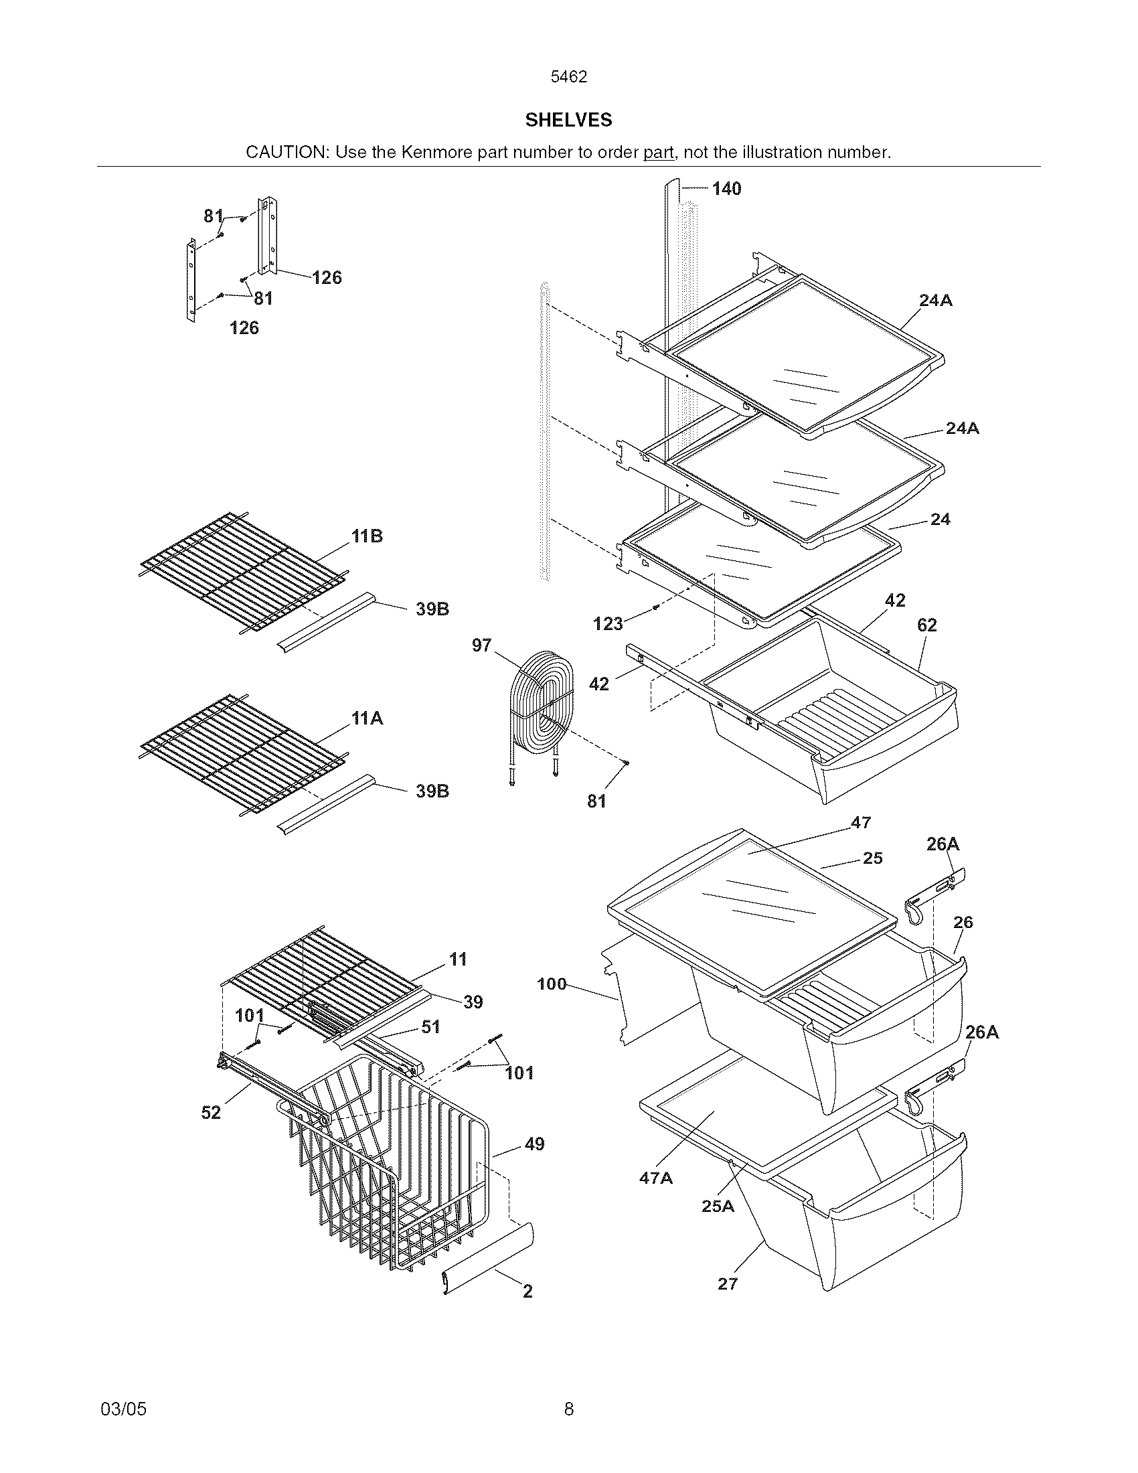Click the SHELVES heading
pos(568,120)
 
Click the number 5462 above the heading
pos(568,77)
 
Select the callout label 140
pos(726,189)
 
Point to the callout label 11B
pos(367,536)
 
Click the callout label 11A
pos(367,718)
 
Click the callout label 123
pos(607,624)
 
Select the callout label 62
pos(927,625)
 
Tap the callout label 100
pos(552,984)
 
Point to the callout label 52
pos(211,1112)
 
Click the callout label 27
pos(728,1284)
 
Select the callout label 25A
pos(718,1206)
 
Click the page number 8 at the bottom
pos(568,1409)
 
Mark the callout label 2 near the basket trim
pos(528,1291)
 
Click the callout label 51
pos(430,1027)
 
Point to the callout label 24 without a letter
pos(940,520)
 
